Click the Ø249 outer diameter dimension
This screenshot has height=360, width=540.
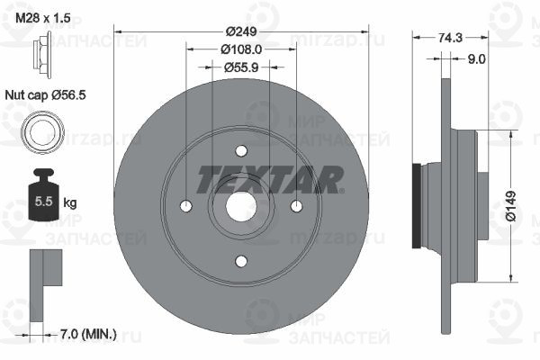tap(241, 31)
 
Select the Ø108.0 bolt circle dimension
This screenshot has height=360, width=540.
tap(241, 49)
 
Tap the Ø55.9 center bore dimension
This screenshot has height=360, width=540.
tap(241, 67)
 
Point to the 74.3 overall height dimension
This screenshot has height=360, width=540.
tap(450, 38)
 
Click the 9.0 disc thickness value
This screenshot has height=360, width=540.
tap(476, 59)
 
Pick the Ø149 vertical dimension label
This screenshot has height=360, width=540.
tap(511, 206)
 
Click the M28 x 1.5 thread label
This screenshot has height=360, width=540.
tap(43, 18)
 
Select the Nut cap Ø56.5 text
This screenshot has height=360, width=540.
tap(45, 94)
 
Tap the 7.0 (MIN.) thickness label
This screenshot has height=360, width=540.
tap(88, 334)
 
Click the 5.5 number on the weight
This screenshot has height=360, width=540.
tap(43, 202)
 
